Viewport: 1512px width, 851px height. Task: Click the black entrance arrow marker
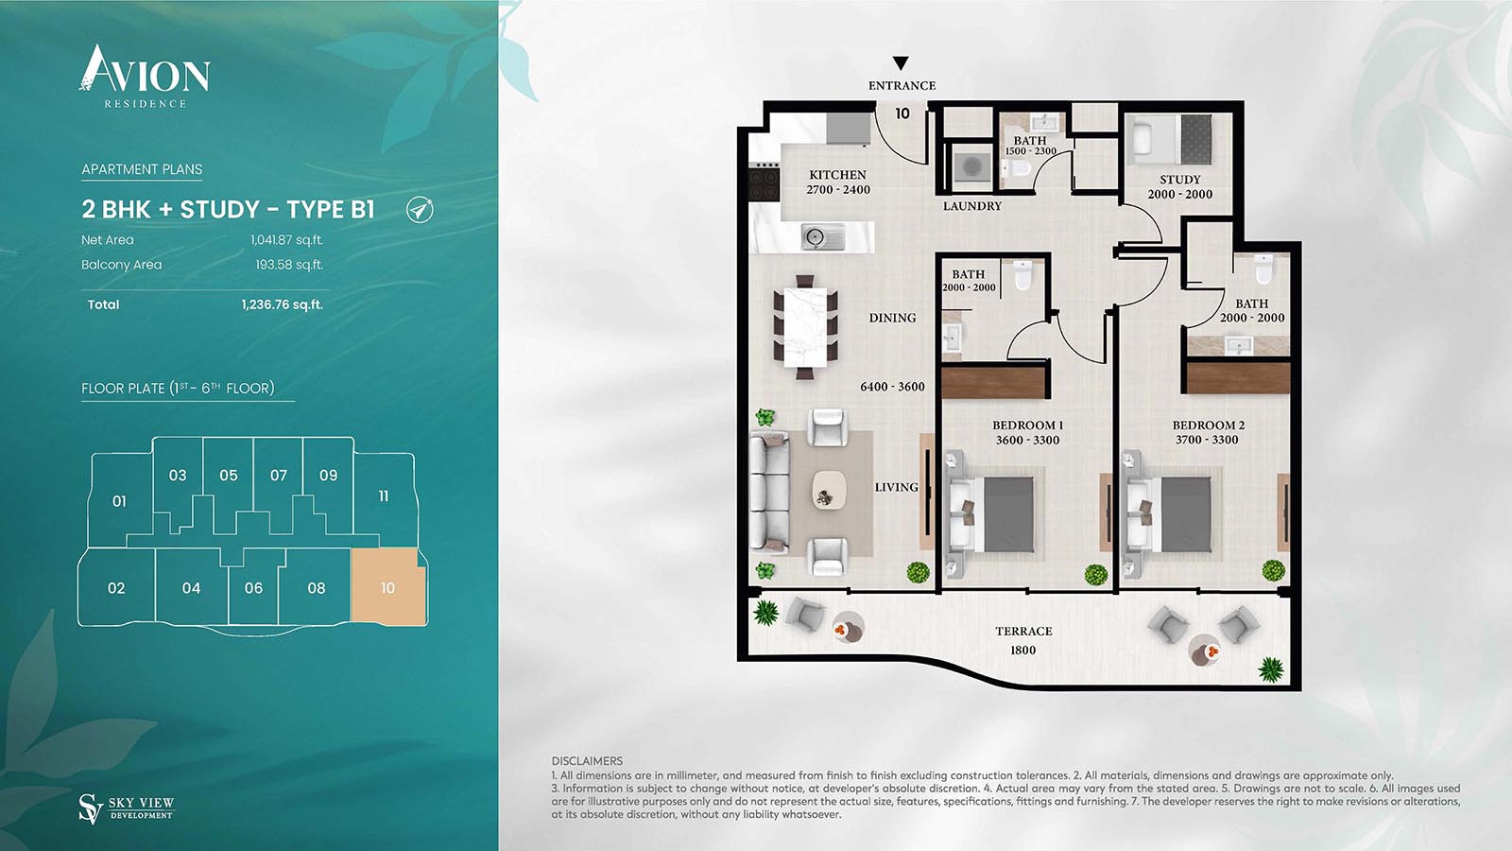click(901, 62)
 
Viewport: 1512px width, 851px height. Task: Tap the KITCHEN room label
click(837, 174)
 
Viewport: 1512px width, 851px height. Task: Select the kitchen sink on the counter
click(823, 237)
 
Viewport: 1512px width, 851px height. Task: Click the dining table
click(805, 327)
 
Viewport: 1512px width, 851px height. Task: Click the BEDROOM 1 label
click(1027, 425)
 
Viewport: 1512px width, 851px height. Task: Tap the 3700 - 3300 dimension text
click(1207, 440)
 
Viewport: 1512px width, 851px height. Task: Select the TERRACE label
click(1023, 631)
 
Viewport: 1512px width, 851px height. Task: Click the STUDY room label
click(1180, 179)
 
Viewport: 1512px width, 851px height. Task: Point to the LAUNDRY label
click(972, 206)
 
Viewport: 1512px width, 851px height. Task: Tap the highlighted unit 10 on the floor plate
click(388, 586)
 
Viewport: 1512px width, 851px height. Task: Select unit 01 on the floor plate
click(119, 500)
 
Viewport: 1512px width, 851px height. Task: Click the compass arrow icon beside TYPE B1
click(420, 210)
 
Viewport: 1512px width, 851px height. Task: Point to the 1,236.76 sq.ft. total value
click(283, 304)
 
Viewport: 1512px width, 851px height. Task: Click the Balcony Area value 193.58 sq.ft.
click(289, 265)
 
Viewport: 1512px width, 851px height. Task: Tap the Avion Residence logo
click(145, 77)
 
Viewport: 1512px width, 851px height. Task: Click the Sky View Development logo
click(127, 808)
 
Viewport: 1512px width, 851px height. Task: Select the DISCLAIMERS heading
click(587, 761)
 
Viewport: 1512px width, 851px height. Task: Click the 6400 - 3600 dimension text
click(892, 387)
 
